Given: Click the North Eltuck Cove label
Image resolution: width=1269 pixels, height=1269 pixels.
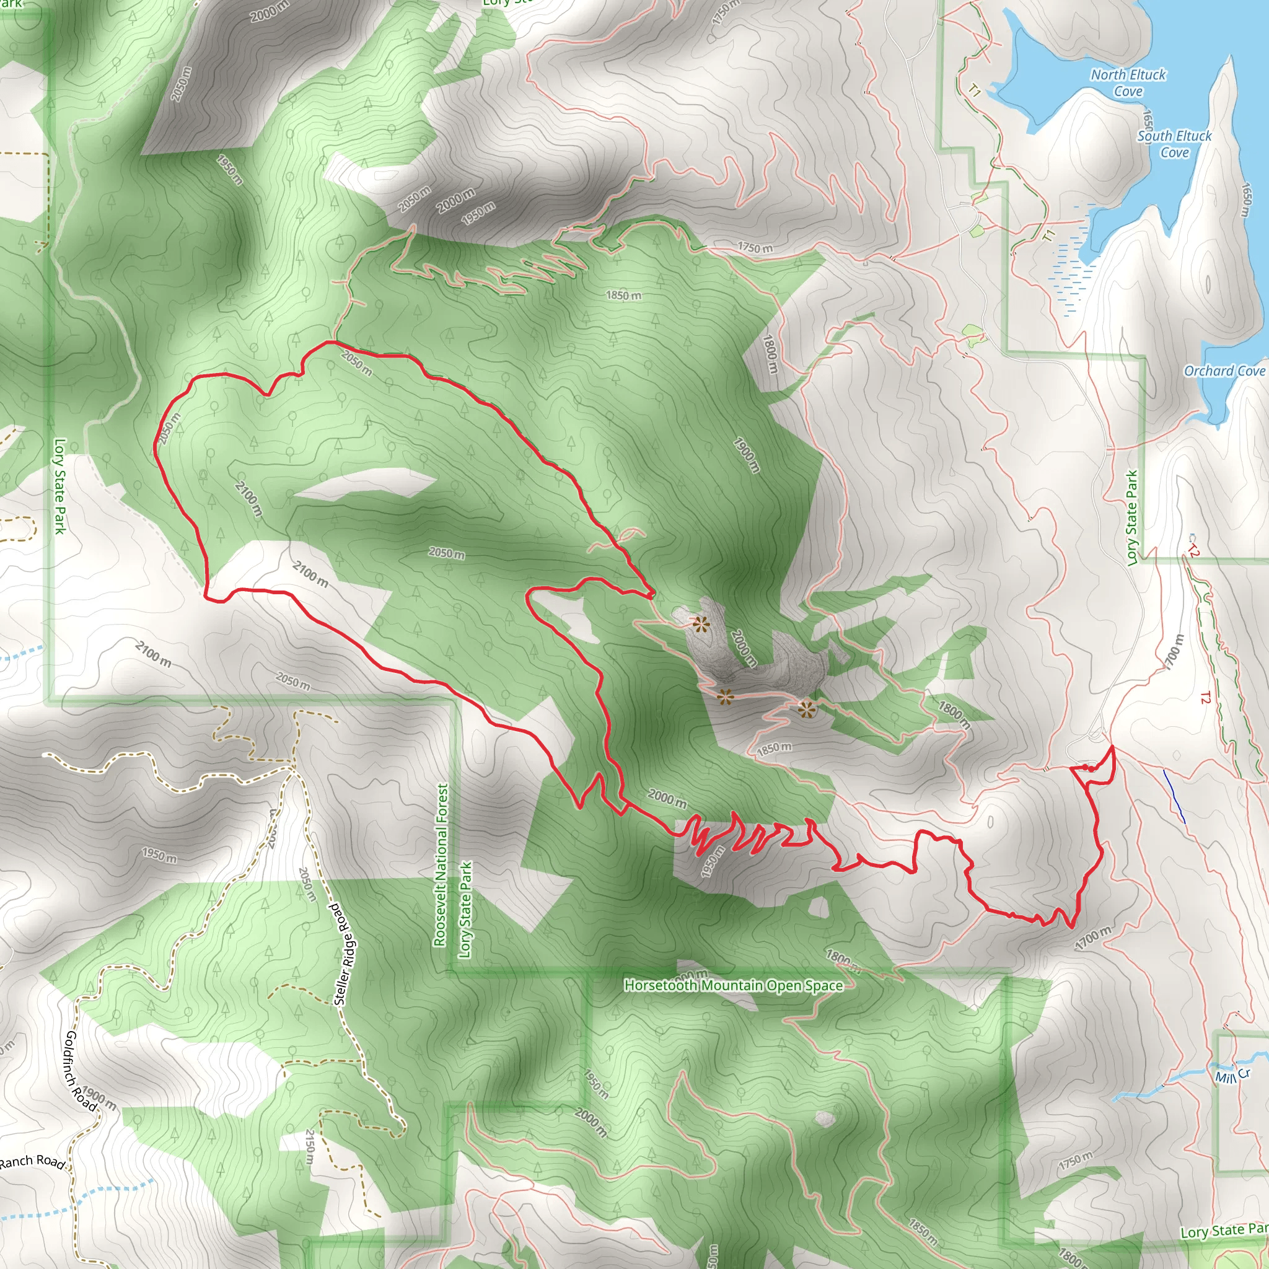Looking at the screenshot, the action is pos(1128,83).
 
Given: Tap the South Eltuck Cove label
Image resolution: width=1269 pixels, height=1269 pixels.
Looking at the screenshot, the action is pos(1174,144).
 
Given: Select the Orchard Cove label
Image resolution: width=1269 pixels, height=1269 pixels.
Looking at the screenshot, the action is pos(1224,371).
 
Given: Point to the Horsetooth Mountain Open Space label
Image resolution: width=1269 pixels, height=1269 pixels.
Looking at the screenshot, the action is pos(733,985).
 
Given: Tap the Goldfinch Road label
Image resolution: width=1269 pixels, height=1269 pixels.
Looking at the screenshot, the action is pos(80,1071).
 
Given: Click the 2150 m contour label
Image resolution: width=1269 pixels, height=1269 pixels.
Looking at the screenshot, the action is pos(310,1147).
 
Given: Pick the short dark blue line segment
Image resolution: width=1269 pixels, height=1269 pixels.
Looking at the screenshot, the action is pos(1174,796).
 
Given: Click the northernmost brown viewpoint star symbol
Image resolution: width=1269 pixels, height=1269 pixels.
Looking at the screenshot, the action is pos(701,624).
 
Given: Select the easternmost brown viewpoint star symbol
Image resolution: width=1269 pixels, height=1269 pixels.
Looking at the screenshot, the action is pos(807,709).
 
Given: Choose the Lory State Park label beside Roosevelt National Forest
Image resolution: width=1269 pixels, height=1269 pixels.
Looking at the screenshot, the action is pos(465,910).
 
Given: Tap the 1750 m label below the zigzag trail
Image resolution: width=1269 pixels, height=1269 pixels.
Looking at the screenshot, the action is pos(755,248).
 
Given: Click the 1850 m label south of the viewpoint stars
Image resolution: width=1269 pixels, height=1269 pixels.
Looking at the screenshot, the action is pos(774,748).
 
